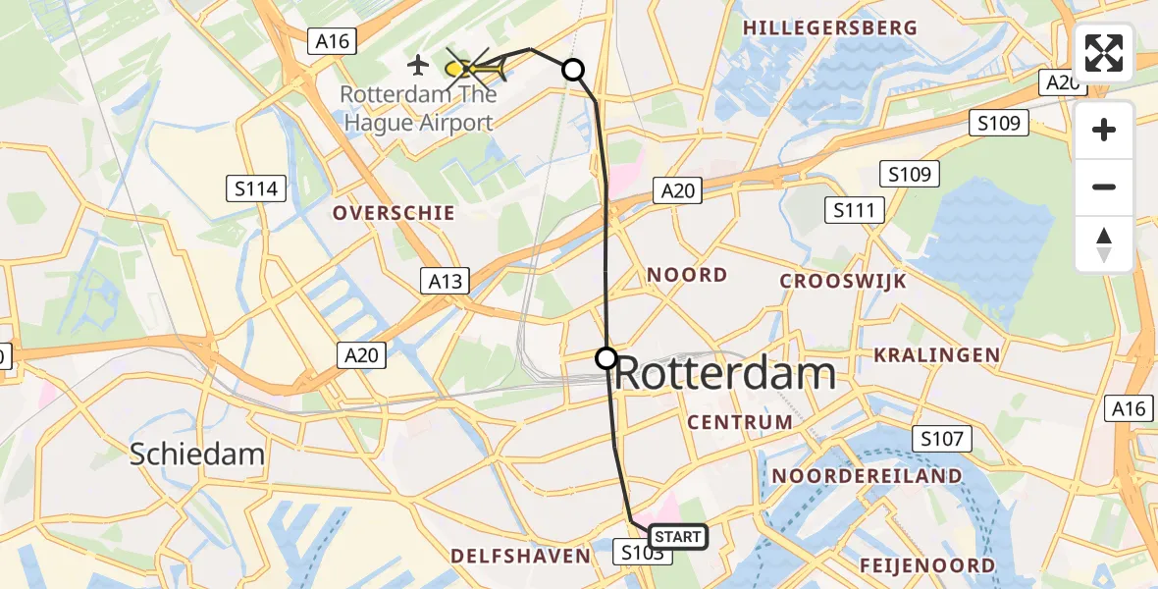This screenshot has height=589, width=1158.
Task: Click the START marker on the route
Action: coord(677,536)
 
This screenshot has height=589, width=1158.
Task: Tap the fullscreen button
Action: coord(1104,53)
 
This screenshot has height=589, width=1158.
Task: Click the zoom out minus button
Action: coord(1104,187)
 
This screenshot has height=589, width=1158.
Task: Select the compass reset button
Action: coord(1104,244)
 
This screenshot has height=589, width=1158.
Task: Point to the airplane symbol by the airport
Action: coord(418,67)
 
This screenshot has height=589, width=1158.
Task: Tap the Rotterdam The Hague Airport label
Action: coord(417,109)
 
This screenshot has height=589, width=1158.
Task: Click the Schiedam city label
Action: coord(197,454)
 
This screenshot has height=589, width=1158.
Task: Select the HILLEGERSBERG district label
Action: coord(829,28)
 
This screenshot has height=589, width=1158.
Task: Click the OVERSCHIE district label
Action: coord(393,213)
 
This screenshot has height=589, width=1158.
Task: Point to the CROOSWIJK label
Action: coord(843,282)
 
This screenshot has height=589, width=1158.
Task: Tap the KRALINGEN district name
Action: coord(937,355)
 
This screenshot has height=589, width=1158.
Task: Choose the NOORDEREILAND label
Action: coord(867,476)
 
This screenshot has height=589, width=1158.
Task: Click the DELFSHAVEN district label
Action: coord(520,557)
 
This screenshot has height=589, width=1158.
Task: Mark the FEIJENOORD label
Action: coord(926,565)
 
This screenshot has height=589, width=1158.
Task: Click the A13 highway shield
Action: coord(447,282)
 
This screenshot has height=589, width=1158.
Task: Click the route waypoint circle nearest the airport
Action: coord(573,70)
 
